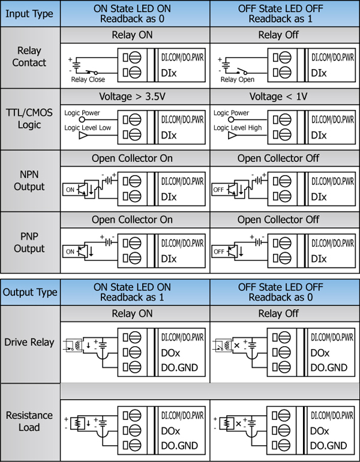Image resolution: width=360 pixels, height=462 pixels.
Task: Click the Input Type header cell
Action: [29, 14]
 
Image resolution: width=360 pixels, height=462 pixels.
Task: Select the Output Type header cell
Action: [31, 292]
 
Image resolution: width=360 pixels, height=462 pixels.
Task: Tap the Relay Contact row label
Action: [29, 57]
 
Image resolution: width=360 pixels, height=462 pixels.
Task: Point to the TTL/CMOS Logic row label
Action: [29, 119]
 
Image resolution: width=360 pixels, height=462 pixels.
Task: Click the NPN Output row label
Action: [29, 181]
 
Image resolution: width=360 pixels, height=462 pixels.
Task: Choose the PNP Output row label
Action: [29, 242]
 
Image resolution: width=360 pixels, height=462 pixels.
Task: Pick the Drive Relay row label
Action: [29, 343]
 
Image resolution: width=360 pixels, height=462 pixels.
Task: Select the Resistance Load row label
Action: [29, 421]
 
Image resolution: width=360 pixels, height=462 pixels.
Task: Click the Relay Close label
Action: [88, 79]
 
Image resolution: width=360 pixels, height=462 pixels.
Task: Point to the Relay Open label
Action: [237, 79]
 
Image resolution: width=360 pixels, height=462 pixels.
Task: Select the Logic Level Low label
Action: [89, 127]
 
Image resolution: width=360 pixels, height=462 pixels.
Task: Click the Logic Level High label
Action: [238, 127]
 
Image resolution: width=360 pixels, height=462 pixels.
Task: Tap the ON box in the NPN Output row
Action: [70, 189]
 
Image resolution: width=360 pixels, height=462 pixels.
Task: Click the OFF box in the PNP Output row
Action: [220, 251]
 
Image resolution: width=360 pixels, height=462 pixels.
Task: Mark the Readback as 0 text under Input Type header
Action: [135, 19]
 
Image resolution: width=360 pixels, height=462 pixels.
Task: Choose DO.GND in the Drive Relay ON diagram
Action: [178, 367]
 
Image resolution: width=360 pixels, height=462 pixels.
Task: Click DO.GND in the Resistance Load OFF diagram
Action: [328, 445]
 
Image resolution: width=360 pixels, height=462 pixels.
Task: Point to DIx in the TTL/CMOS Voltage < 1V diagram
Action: [319, 136]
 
